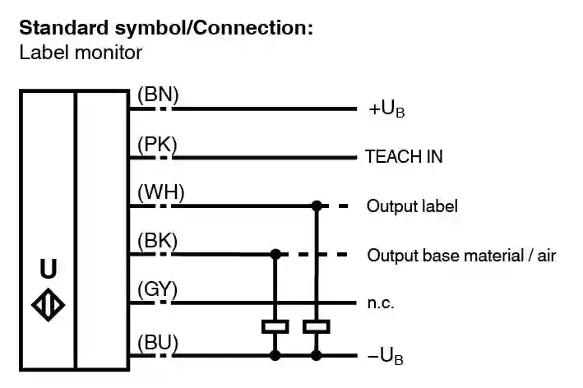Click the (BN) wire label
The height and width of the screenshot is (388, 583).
[x=158, y=95]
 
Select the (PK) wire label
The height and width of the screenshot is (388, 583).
[x=158, y=145]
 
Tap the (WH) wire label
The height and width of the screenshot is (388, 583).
[x=161, y=193]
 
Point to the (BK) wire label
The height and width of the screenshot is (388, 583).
[x=158, y=242]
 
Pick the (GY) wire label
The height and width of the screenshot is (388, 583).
[x=159, y=290]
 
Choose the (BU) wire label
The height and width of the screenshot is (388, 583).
[x=158, y=341]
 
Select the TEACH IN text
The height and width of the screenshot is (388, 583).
[x=404, y=157]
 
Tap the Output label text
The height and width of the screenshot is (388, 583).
[x=412, y=206]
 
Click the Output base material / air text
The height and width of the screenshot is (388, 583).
[x=461, y=255]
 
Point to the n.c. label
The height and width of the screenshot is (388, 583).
[x=381, y=303]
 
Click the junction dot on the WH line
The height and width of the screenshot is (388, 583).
[x=316, y=205]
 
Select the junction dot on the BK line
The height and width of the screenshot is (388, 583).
[x=275, y=254]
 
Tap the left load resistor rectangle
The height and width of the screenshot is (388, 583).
[x=275, y=326]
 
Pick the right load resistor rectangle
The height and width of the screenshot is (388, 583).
[x=316, y=326]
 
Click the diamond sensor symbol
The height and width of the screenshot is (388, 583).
[x=48, y=303]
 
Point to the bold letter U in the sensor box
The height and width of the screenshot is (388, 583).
[x=49, y=269]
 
